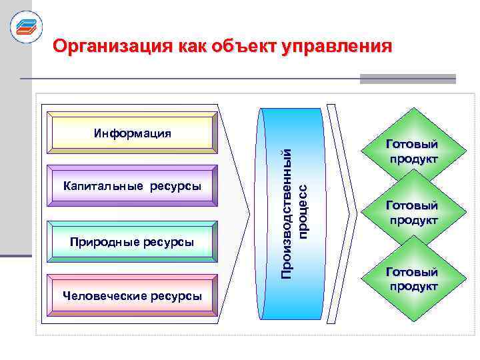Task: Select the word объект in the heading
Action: pos(246,47)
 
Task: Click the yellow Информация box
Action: pos(132,133)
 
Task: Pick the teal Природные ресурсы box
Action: pos(132,241)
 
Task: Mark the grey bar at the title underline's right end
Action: pos(407,79)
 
